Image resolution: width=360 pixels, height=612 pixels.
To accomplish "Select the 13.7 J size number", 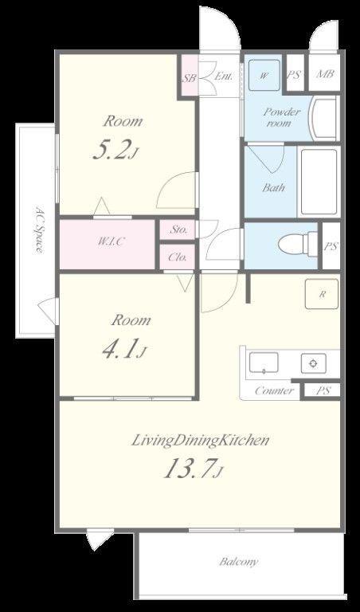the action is (193, 469).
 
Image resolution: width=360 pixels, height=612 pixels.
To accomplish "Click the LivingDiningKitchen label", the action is (201, 441).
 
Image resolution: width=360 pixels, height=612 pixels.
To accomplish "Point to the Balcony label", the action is (239, 562).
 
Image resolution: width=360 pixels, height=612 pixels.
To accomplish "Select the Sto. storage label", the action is (178, 229).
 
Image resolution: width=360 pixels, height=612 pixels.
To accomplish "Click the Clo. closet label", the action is (178, 257).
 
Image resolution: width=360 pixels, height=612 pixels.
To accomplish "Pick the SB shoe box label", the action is (190, 78).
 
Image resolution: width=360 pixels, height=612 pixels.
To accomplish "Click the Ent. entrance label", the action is (224, 76).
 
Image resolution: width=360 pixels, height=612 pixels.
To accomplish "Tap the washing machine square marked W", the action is (264, 76).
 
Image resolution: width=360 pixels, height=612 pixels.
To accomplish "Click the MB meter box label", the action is (324, 74).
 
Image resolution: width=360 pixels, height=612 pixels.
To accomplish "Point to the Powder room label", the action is (282, 117).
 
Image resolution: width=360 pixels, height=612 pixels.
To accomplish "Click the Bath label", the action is (273, 188).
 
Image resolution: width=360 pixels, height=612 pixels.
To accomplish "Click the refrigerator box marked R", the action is (322, 294).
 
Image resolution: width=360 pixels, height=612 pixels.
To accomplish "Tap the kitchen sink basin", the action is (264, 363).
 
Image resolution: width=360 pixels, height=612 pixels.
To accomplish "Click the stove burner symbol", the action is (313, 363).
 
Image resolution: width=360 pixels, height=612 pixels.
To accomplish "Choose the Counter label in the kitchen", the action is (273, 390).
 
